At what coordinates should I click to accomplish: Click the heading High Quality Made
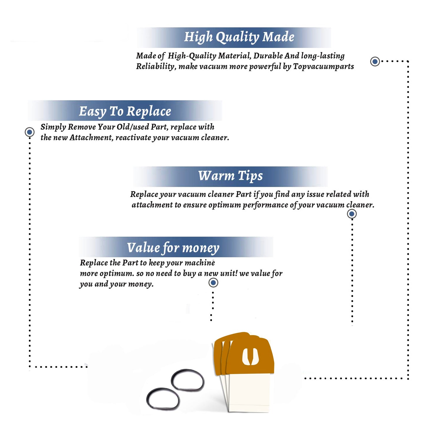[x=239, y=37]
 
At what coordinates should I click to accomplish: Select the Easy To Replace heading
[x=125, y=112]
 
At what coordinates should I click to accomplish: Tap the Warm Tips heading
[x=230, y=176]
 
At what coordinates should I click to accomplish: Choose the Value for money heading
[x=173, y=248]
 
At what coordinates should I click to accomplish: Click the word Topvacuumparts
[x=323, y=67]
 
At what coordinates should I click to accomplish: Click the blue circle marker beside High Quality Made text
[x=375, y=61]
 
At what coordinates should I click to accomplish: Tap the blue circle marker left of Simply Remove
[x=29, y=132]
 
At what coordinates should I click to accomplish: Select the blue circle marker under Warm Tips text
[x=352, y=214]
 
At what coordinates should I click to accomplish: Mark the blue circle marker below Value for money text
[x=213, y=283]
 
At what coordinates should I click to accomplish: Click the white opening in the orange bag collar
[x=250, y=357]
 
